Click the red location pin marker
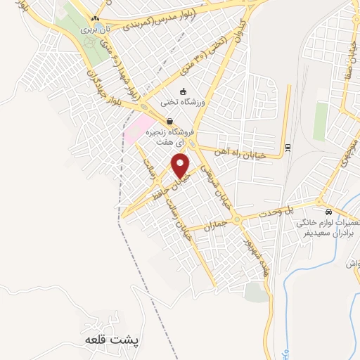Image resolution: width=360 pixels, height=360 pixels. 181,166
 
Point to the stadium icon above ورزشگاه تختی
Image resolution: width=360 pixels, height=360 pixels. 183,91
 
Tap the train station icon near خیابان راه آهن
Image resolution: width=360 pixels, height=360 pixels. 288,147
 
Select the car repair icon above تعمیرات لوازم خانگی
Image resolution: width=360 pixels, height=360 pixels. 328,212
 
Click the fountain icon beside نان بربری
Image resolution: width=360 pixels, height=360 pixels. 90,41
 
